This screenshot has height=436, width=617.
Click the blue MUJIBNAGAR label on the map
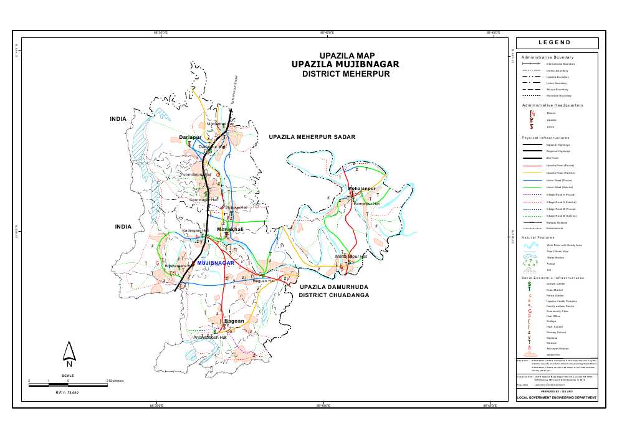pos(215,263)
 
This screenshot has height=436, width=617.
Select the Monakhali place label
pos(230,230)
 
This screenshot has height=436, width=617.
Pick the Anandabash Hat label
pos(209,337)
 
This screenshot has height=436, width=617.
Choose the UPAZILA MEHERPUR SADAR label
pos(312,136)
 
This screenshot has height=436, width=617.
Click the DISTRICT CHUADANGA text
pos(333,295)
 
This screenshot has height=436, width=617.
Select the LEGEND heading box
pos(557,43)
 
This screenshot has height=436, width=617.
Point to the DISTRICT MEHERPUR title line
pos(345,73)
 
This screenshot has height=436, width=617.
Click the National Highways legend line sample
pos(533,145)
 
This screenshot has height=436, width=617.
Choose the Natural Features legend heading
pos(538,237)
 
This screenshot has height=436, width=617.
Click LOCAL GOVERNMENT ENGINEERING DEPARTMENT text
pos(557,397)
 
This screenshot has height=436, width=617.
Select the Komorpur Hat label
pos(366,204)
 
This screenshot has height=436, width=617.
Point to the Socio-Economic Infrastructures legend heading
pos(553,277)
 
